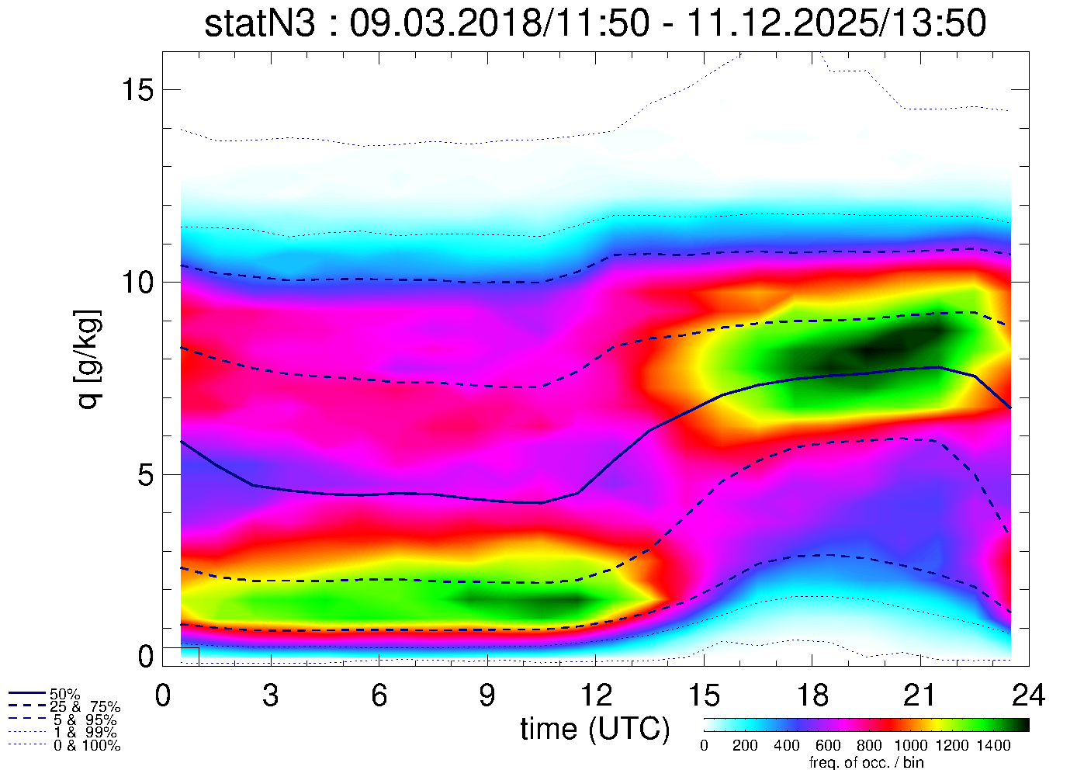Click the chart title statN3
click(x=260, y=23)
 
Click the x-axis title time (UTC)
click(x=595, y=728)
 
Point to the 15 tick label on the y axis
click(x=137, y=90)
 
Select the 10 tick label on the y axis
click(x=137, y=282)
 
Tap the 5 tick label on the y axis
click(x=146, y=474)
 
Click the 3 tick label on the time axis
click(x=271, y=695)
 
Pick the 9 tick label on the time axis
click(x=487, y=695)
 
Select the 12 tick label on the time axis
click(x=595, y=695)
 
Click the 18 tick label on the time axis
click(x=812, y=695)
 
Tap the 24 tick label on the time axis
click(x=1029, y=695)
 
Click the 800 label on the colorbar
click(x=869, y=746)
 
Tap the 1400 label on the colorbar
click(x=993, y=746)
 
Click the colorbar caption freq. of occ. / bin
click(x=866, y=762)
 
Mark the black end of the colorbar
click(x=1023, y=725)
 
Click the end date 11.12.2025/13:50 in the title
click(x=837, y=23)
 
